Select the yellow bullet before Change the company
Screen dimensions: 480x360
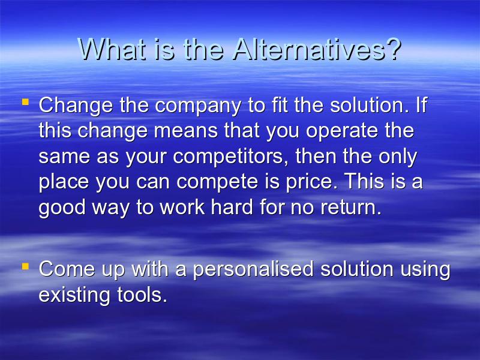click(x=25, y=101)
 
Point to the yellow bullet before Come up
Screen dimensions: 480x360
click(x=25, y=266)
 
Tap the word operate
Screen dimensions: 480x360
click(x=342, y=131)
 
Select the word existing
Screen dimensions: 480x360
click(x=74, y=295)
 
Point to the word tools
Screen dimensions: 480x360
click(x=142, y=295)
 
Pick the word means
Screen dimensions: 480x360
click(x=186, y=131)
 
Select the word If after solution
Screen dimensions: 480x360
click(x=421, y=104)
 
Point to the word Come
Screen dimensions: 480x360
click(x=67, y=269)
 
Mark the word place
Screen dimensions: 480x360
click(x=64, y=182)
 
